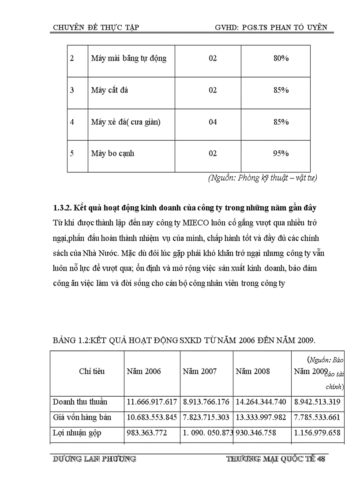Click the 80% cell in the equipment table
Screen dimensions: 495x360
[281, 58]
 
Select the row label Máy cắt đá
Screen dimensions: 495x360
[109, 90]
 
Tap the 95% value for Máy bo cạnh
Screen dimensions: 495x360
[281, 153]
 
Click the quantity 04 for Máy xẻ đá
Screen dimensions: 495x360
[213, 122]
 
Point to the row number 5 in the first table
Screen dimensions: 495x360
[72, 153]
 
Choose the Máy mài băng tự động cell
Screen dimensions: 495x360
[129, 58]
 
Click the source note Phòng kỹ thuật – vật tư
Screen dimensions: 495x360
[262, 178]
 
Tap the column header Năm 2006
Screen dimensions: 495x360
[144, 371]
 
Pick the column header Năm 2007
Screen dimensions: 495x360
[200, 371]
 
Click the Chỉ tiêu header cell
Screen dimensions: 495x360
[92, 371]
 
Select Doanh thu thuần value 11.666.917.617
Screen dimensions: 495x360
[152, 402]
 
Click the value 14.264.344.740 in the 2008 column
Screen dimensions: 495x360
[261, 402]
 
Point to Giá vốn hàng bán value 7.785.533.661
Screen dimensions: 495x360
[317, 417]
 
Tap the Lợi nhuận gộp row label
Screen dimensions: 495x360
[77, 432]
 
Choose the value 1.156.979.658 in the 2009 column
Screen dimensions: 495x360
[317, 432]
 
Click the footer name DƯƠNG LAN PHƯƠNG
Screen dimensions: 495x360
[94, 459]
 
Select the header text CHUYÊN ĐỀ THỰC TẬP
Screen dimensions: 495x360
[96, 27]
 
